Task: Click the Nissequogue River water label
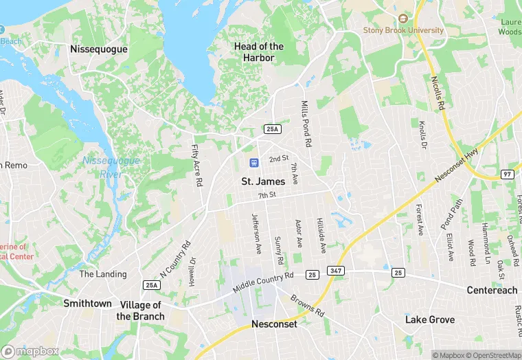tap(111, 166)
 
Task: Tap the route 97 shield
tap(507, 173)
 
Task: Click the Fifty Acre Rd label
tap(197, 165)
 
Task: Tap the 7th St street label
tap(266, 196)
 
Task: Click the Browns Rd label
tap(307, 305)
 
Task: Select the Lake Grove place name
tap(429, 319)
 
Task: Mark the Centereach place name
tap(492, 290)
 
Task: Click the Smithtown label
tap(87, 303)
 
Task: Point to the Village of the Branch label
tap(141, 311)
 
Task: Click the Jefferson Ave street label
tap(256, 233)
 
